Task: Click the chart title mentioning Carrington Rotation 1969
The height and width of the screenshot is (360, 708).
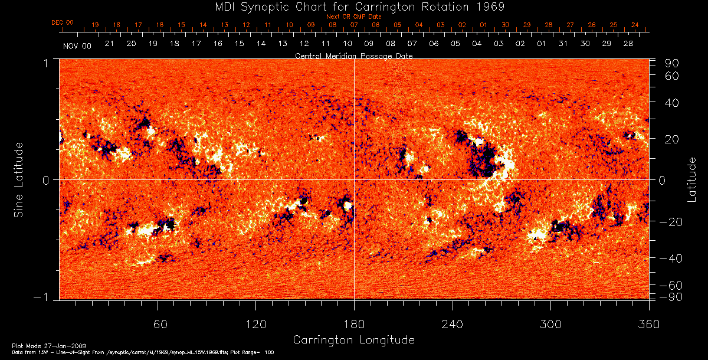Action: pyautogui.click(x=354, y=6)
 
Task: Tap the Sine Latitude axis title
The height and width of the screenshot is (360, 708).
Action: pyautogui.click(x=19, y=179)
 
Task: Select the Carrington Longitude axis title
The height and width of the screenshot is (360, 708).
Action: pyautogui.click(x=353, y=340)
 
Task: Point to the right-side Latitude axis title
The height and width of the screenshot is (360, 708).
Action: pyautogui.click(x=692, y=179)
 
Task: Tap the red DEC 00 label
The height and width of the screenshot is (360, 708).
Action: pyautogui.click(x=63, y=23)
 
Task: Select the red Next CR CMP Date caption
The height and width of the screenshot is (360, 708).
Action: pyautogui.click(x=354, y=17)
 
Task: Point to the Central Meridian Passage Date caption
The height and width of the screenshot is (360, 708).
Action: pyautogui.click(x=353, y=55)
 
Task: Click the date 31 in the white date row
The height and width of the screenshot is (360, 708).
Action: pyautogui.click(x=563, y=44)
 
